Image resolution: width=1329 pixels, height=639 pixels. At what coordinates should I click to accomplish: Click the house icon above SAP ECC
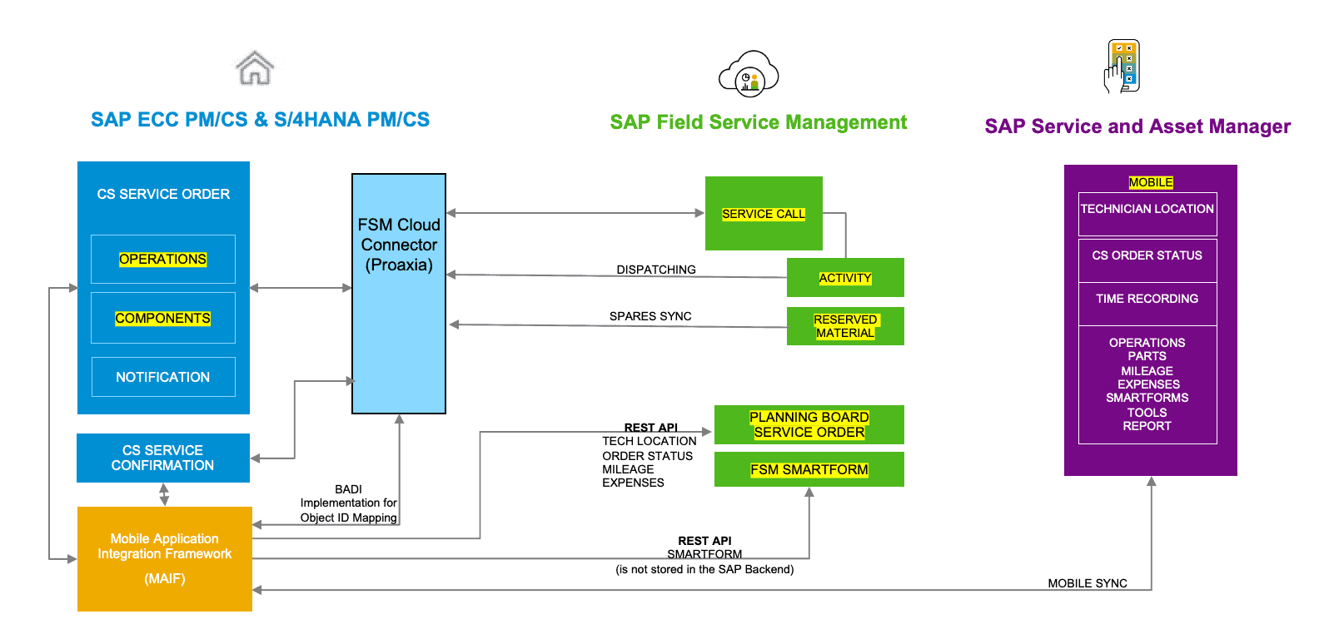tap(255, 68)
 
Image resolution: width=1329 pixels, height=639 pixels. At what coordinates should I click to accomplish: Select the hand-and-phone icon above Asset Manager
tap(1122, 67)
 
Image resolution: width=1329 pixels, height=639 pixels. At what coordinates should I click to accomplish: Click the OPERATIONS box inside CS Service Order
tap(163, 260)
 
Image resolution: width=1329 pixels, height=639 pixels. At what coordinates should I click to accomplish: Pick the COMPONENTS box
tap(163, 318)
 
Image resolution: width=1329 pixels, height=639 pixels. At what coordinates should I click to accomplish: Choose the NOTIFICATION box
tap(163, 377)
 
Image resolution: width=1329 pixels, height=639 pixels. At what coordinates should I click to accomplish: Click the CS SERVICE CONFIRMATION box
tap(163, 458)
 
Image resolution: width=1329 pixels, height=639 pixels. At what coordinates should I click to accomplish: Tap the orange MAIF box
tap(165, 558)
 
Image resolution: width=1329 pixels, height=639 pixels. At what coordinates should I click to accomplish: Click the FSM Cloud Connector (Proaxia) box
tap(399, 293)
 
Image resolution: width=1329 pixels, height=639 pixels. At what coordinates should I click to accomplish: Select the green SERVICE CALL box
tap(764, 214)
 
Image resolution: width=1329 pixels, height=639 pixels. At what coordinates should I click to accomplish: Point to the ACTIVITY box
tap(845, 278)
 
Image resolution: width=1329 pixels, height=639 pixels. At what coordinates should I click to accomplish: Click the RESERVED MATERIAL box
tap(845, 326)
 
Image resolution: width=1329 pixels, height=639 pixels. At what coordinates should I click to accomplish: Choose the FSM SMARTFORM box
tap(809, 469)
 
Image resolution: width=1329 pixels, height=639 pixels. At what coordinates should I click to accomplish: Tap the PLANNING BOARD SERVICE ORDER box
tap(809, 424)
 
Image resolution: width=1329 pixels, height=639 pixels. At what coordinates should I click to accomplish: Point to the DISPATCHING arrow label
tap(656, 270)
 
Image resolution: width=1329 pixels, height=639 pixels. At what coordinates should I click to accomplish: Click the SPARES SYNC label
tap(650, 316)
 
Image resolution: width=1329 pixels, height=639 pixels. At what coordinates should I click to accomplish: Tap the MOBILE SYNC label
tap(1087, 583)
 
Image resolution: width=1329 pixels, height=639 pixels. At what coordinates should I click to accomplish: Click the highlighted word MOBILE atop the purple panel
tap(1151, 182)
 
